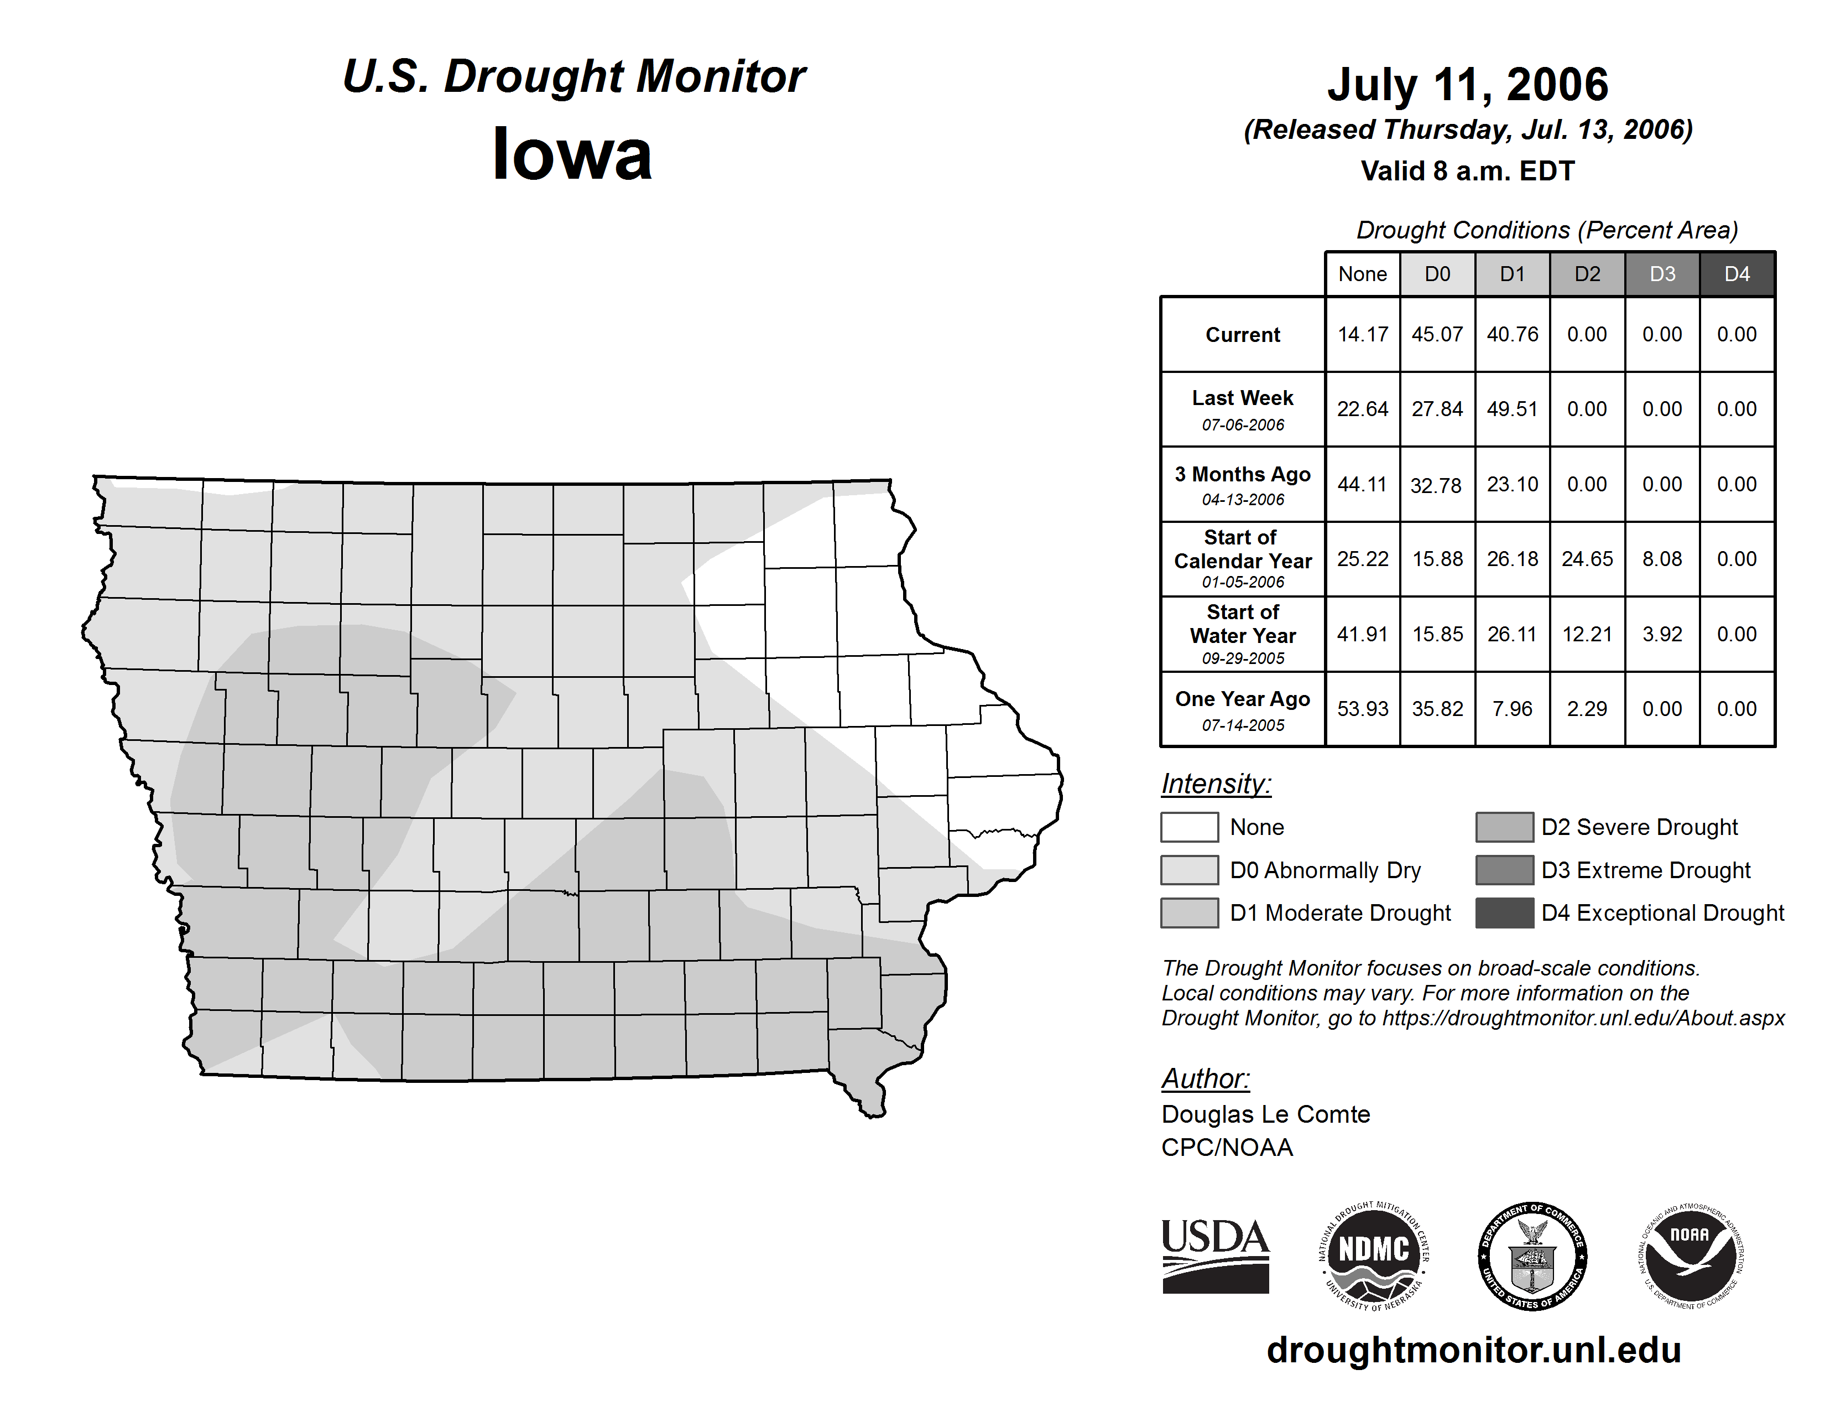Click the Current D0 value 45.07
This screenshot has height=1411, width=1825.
pyautogui.click(x=1437, y=334)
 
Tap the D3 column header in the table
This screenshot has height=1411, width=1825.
pyautogui.click(x=1662, y=274)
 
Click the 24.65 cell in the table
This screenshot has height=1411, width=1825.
pyautogui.click(x=1587, y=558)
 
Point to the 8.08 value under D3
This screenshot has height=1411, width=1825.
pyautogui.click(x=1662, y=558)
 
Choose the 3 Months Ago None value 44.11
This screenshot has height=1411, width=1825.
pyautogui.click(x=1362, y=484)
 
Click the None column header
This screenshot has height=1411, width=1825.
pyautogui.click(x=1362, y=274)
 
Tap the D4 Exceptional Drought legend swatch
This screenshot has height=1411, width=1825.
pyautogui.click(x=1504, y=913)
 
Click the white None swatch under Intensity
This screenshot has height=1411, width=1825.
pyautogui.click(x=1189, y=827)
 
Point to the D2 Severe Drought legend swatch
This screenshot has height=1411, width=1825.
pyautogui.click(x=1504, y=827)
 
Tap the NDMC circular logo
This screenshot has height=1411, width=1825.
pyautogui.click(x=1374, y=1257)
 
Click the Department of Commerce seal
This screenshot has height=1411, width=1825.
pyautogui.click(x=1532, y=1257)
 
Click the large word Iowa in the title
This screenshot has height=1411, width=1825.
pyautogui.click(x=572, y=154)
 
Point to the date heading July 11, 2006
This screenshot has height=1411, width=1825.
pyautogui.click(x=1467, y=85)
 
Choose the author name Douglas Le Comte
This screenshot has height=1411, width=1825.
pyautogui.click(x=1265, y=1114)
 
